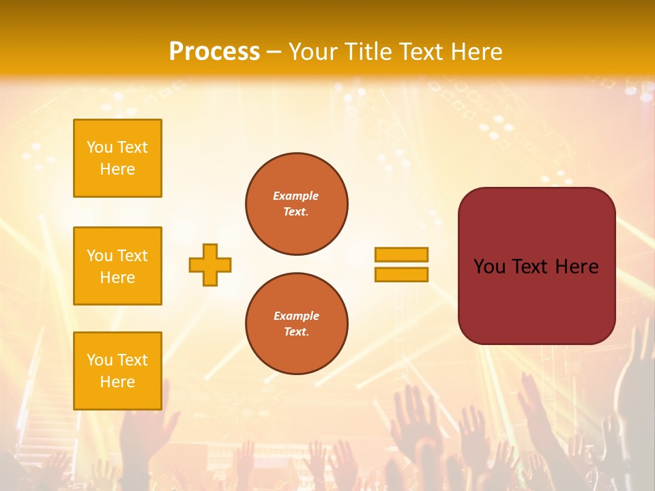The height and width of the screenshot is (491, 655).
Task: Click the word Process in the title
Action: click(x=214, y=52)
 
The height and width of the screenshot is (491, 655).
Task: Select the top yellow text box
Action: click(x=117, y=158)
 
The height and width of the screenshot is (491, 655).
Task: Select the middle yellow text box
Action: click(x=117, y=266)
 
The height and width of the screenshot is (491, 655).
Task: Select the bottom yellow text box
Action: click(x=117, y=371)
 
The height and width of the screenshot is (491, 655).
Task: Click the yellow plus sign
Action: click(x=210, y=265)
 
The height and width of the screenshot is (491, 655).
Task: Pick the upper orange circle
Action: click(x=297, y=203)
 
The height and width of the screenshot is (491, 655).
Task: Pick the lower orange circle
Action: click(x=297, y=323)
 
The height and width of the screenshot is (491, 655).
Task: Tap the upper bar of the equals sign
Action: click(x=401, y=254)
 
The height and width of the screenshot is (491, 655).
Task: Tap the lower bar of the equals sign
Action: click(x=401, y=274)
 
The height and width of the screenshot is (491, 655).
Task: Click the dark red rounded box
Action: click(x=536, y=300)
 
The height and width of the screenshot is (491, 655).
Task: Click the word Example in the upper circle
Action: click(x=295, y=196)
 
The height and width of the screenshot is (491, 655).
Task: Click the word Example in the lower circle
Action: click(x=296, y=316)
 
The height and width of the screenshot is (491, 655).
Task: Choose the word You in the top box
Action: click(x=99, y=147)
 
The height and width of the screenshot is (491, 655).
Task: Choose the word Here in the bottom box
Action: click(x=117, y=382)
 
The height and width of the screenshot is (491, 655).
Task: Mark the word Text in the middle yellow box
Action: click(x=132, y=256)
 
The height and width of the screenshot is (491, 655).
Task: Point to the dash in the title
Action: click(x=274, y=52)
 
